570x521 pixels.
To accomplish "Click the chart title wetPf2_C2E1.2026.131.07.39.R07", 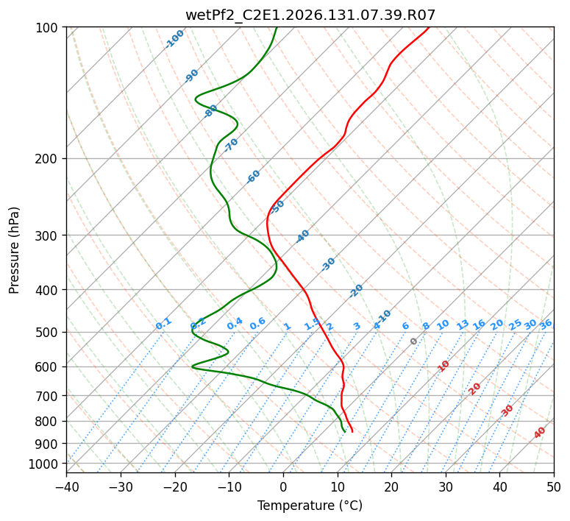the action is pos(310,15).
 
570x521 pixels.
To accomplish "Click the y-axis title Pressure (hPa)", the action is pos(14,250).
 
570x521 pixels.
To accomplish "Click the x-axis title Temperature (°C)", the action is pos(310,506).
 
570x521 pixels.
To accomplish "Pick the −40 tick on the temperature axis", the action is pos(67,486).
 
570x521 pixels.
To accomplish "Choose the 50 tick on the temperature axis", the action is pos(554,486).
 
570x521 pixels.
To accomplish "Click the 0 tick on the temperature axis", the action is pos(284,486).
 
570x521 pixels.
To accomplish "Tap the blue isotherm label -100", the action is pos(174,39).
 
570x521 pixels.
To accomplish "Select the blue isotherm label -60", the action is pos(253,176).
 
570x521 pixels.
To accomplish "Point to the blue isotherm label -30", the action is pos(328,264).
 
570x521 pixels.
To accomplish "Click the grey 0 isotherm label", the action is pos(413,341).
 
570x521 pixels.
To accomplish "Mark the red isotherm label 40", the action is pos(539,433).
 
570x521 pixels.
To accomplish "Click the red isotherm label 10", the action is pos(443,366).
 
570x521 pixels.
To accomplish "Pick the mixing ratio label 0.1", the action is pos(163,324).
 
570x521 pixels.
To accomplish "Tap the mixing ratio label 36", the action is pos(546,325).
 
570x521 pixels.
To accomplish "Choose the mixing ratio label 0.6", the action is pos(257,324).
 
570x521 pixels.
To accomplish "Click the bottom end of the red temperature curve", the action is pos(352,432).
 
